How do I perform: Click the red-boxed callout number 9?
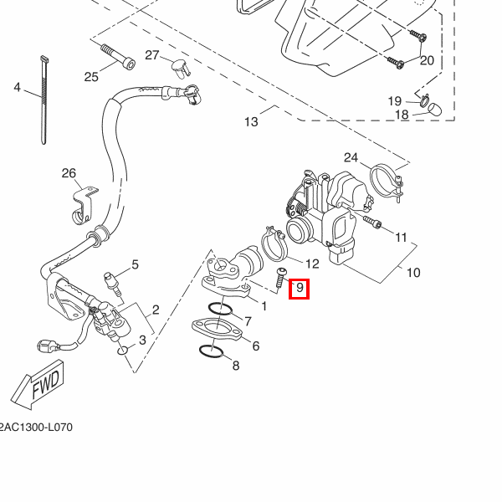(x=300, y=288)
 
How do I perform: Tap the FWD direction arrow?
(x=38, y=385)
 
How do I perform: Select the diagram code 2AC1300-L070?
(x=36, y=427)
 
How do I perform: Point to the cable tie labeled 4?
(x=44, y=100)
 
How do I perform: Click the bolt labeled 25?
(x=118, y=57)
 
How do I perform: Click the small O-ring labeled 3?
(x=123, y=351)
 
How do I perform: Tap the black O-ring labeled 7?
(x=220, y=309)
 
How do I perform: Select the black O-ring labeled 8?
(x=211, y=351)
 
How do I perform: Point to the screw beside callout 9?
(x=279, y=279)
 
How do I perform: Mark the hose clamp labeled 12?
(x=274, y=244)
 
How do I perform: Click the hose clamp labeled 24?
(x=387, y=182)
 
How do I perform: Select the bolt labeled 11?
(x=372, y=222)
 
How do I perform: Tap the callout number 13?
(x=251, y=121)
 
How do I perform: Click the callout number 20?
(x=427, y=60)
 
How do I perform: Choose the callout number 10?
(x=413, y=273)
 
